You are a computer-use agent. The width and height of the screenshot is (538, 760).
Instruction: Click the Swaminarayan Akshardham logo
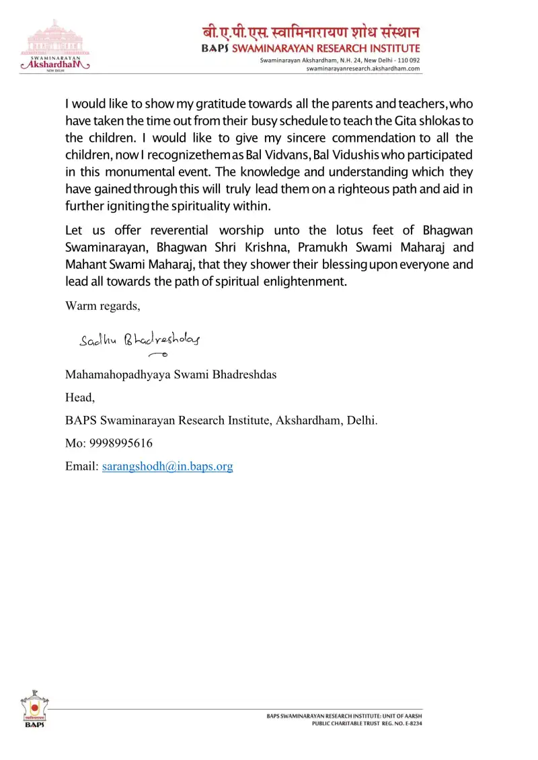(56, 46)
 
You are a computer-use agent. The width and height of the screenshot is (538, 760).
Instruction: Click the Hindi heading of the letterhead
(311, 32)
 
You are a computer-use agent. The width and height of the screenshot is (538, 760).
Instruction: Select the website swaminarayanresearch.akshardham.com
(363, 69)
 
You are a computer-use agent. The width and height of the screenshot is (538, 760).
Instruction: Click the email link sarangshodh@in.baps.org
(167, 466)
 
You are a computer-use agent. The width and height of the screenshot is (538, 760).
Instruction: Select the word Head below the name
(80, 398)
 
